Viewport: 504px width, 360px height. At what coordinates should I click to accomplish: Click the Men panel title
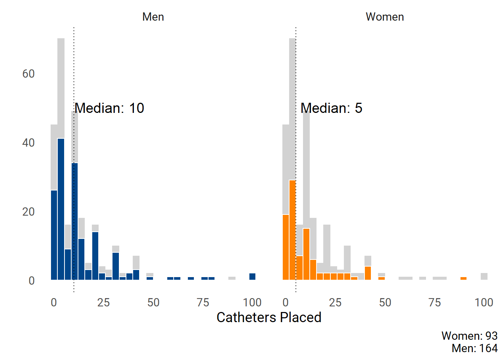click(153, 17)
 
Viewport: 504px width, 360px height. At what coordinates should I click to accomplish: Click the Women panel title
click(385, 17)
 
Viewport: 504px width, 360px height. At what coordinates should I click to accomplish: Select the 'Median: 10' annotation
click(109, 108)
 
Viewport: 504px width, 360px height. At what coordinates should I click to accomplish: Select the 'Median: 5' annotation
click(331, 108)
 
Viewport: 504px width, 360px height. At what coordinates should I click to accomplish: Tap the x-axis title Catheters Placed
click(269, 317)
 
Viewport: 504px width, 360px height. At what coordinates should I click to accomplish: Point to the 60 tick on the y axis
click(28, 73)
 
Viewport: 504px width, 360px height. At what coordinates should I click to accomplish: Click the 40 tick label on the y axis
click(28, 143)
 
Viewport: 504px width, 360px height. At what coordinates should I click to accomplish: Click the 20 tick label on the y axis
click(28, 212)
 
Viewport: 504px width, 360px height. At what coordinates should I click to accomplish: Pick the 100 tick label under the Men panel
click(252, 303)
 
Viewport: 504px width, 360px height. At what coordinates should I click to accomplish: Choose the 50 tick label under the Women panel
click(385, 303)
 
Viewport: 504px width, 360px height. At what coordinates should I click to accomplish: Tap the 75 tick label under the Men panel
click(203, 303)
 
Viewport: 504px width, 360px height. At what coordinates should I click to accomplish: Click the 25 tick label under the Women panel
click(335, 303)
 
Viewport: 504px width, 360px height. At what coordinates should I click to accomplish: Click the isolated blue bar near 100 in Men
click(252, 277)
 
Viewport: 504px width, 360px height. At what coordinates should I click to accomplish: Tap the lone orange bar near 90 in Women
click(463, 278)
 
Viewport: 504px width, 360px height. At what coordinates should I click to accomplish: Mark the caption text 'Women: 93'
click(469, 336)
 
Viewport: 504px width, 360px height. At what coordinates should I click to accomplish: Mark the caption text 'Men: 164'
click(474, 348)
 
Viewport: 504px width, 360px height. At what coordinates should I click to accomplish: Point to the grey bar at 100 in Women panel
click(484, 276)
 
